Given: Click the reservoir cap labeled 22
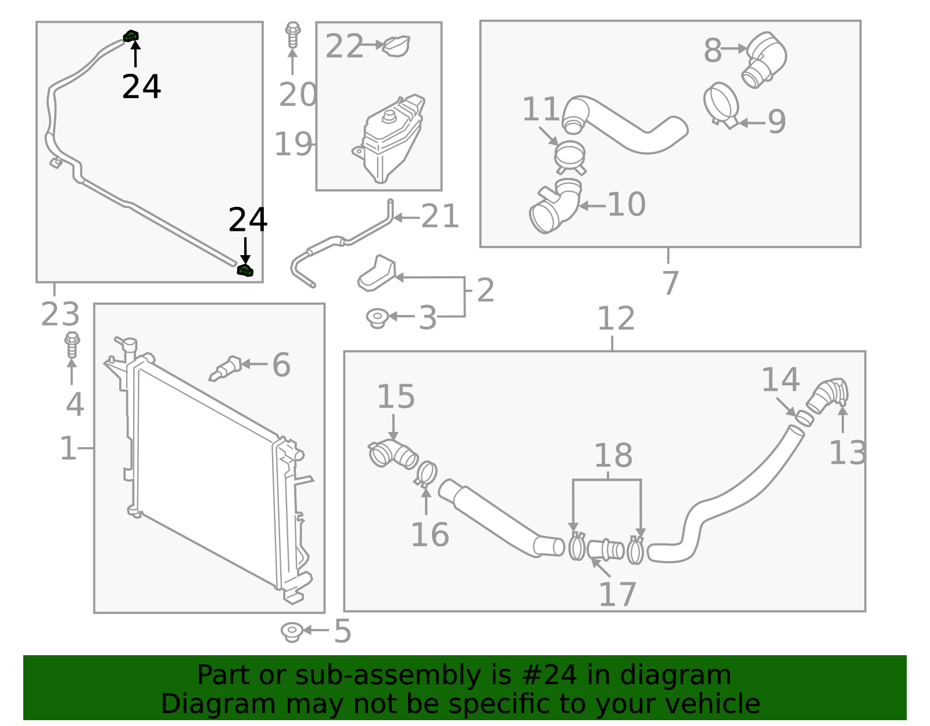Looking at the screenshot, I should coord(397,46).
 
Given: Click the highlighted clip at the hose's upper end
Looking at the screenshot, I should coord(131,36).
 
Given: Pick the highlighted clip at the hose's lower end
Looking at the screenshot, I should coord(245,270).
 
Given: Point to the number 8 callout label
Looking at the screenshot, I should coord(713,51).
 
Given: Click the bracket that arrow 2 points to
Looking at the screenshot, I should coord(377,273).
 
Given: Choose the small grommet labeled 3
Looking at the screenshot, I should coord(377,317).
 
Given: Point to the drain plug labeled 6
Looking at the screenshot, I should coord(226,368).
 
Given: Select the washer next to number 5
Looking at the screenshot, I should coord(291,631).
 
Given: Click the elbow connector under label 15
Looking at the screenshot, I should coord(394,454).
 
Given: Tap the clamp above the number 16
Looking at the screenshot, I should coord(426,474).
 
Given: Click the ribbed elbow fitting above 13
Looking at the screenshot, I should coord(828,395).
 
